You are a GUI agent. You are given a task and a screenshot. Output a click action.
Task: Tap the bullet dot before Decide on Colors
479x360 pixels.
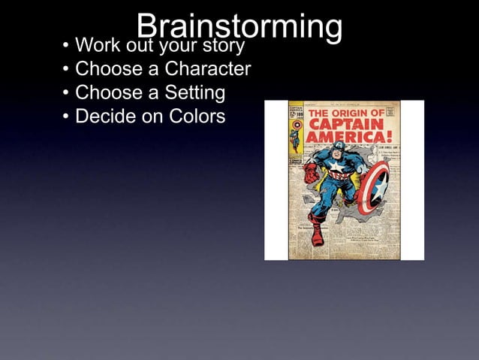(66, 118)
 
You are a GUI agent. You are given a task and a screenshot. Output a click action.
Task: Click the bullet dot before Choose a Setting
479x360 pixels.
(66, 94)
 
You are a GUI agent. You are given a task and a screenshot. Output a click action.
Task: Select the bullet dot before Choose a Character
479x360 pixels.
(66, 71)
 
